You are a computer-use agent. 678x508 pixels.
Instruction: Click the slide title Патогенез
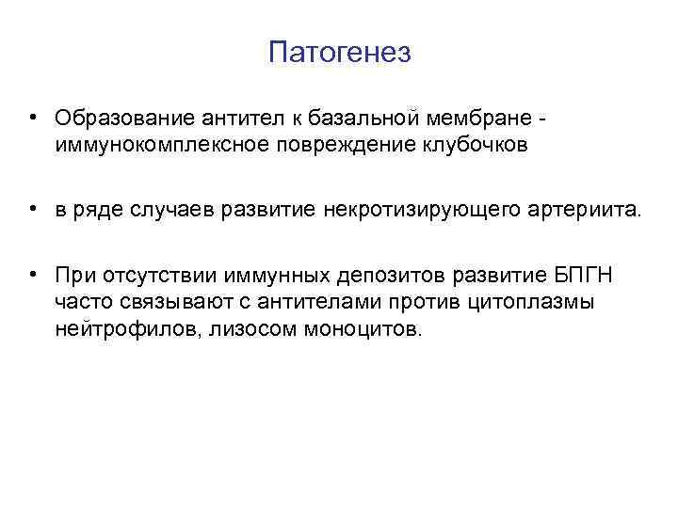coord(339,53)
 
